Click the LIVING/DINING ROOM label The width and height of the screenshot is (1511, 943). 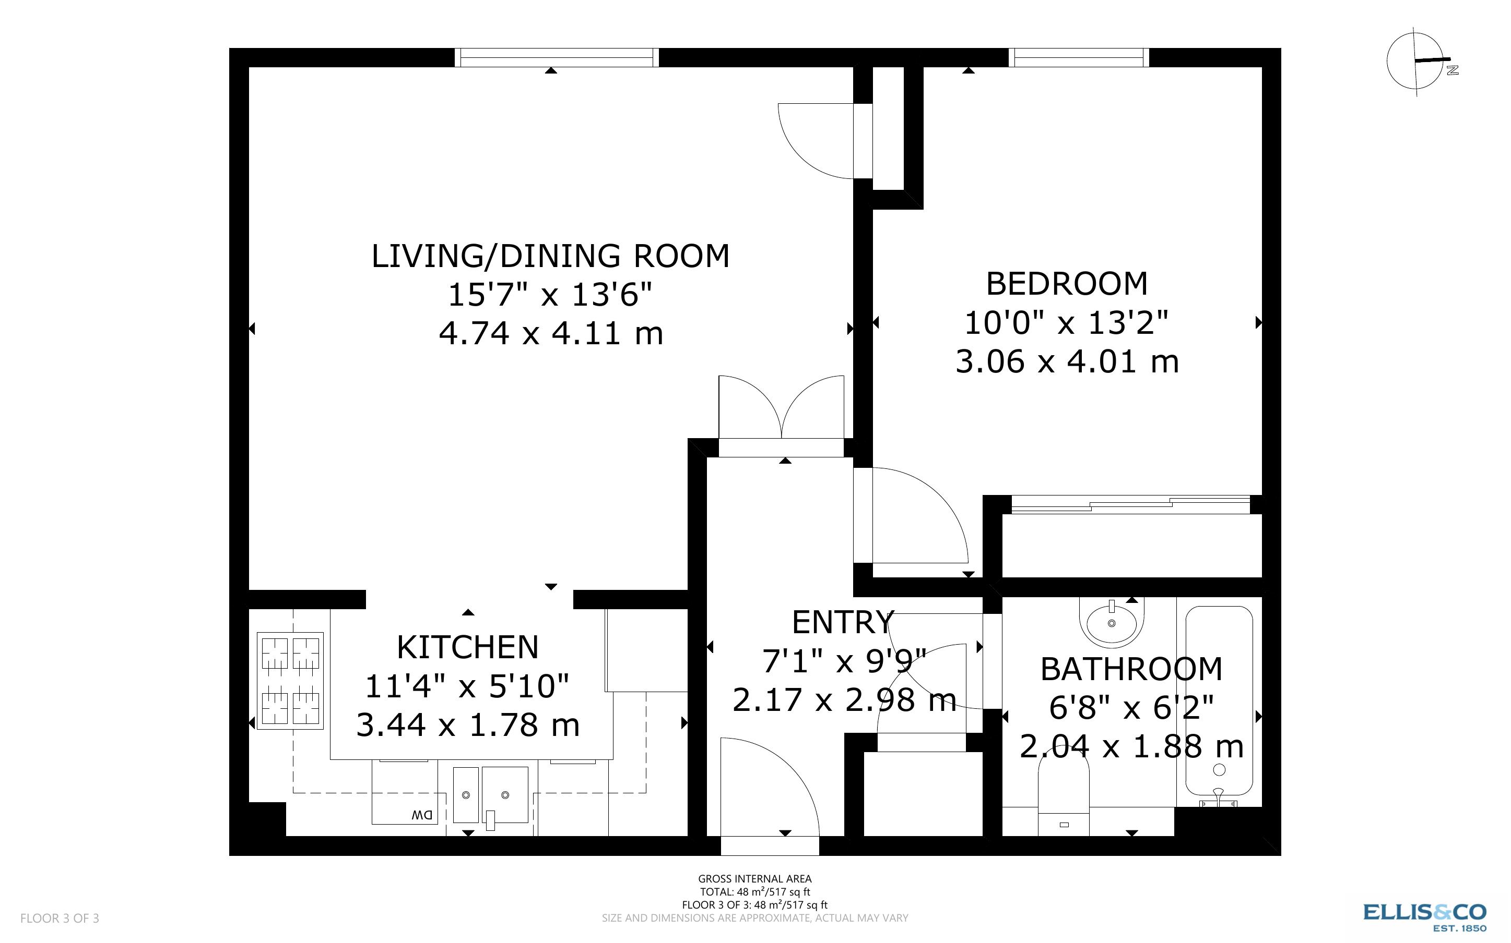(x=550, y=256)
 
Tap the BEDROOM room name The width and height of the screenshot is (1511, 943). (x=1067, y=284)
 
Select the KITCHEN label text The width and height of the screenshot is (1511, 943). (x=467, y=647)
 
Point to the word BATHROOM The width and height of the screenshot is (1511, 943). (x=1131, y=670)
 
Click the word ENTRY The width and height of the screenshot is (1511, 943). (x=843, y=622)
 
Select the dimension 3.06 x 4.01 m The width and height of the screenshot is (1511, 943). (x=1067, y=362)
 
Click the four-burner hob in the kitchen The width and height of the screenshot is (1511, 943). (x=290, y=681)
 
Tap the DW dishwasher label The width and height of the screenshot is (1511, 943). (x=422, y=815)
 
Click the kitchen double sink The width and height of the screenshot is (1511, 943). (x=491, y=795)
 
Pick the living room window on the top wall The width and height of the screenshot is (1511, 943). (x=556, y=57)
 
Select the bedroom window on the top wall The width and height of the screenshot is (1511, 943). (x=1079, y=57)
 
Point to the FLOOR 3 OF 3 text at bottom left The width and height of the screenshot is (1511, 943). (x=60, y=918)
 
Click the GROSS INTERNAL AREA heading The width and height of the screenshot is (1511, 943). (x=754, y=879)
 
